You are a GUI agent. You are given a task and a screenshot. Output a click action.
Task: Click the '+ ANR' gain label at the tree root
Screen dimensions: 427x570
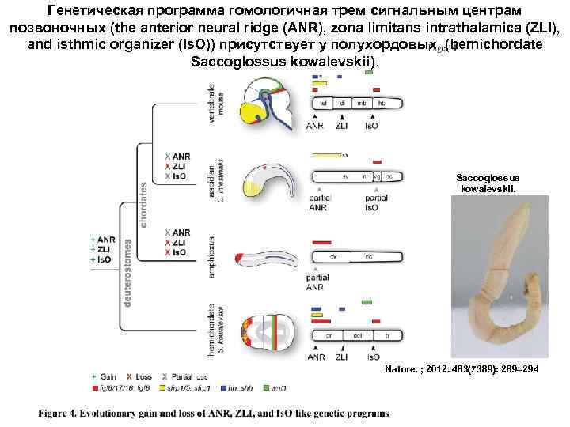point(104,239)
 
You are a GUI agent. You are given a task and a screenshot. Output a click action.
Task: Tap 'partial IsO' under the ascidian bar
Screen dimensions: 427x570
point(372,203)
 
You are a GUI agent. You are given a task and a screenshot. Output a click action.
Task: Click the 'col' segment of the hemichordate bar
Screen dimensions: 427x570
point(358,335)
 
